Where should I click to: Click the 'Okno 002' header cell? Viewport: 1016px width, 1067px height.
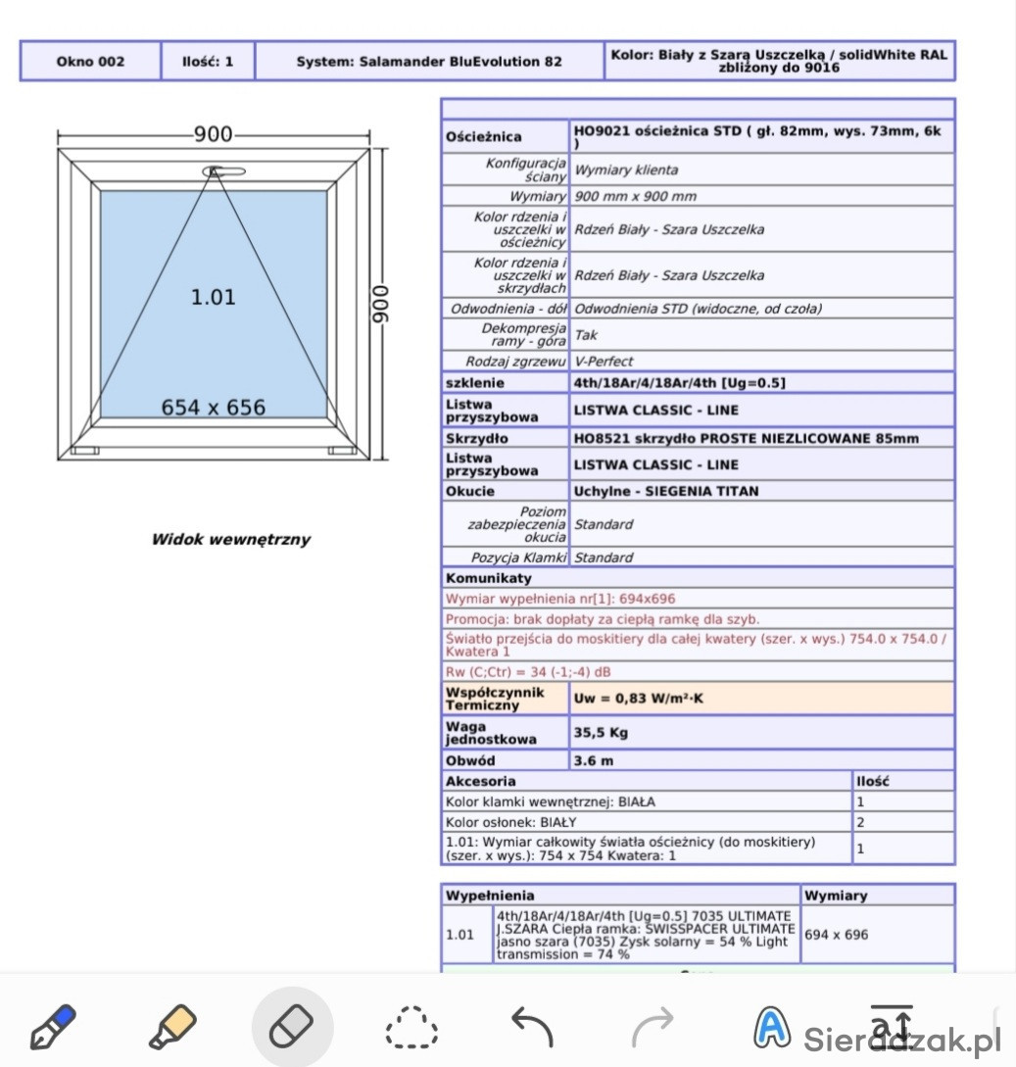(x=90, y=61)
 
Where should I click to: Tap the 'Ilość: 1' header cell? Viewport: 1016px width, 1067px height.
(x=208, y=61)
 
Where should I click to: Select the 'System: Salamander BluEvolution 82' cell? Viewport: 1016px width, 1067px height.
(x=429, y=61)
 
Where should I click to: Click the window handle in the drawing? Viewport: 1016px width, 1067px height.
(x=224, y=172)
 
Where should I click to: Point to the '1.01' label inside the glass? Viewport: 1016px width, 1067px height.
(x=213, y=297)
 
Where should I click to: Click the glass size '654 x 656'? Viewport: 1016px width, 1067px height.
(x=213, y=408)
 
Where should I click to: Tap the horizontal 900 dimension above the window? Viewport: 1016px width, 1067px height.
(x=213, y=135)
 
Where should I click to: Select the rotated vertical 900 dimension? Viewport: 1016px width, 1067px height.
(x=381, y=305)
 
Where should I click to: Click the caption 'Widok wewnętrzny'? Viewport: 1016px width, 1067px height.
(x=230, y=539)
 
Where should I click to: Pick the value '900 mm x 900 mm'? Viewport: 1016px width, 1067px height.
(x=635, y=197)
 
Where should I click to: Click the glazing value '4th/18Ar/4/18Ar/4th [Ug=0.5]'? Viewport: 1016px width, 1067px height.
(x=680, y=383)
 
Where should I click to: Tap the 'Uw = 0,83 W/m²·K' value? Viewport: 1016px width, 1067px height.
(x=639, y=699)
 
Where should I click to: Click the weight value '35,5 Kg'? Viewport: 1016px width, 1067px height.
(x=600, y=732)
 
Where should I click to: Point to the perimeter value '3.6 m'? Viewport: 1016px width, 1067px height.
(x=594, y=760)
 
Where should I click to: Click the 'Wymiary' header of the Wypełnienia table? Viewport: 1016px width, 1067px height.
(x=835, y=896)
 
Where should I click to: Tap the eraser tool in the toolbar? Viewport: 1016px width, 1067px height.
(x=292, y=1025)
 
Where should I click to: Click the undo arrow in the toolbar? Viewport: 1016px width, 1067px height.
(x=532, y=1025)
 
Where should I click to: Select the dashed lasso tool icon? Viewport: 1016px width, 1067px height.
(x=411, y=1025)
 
